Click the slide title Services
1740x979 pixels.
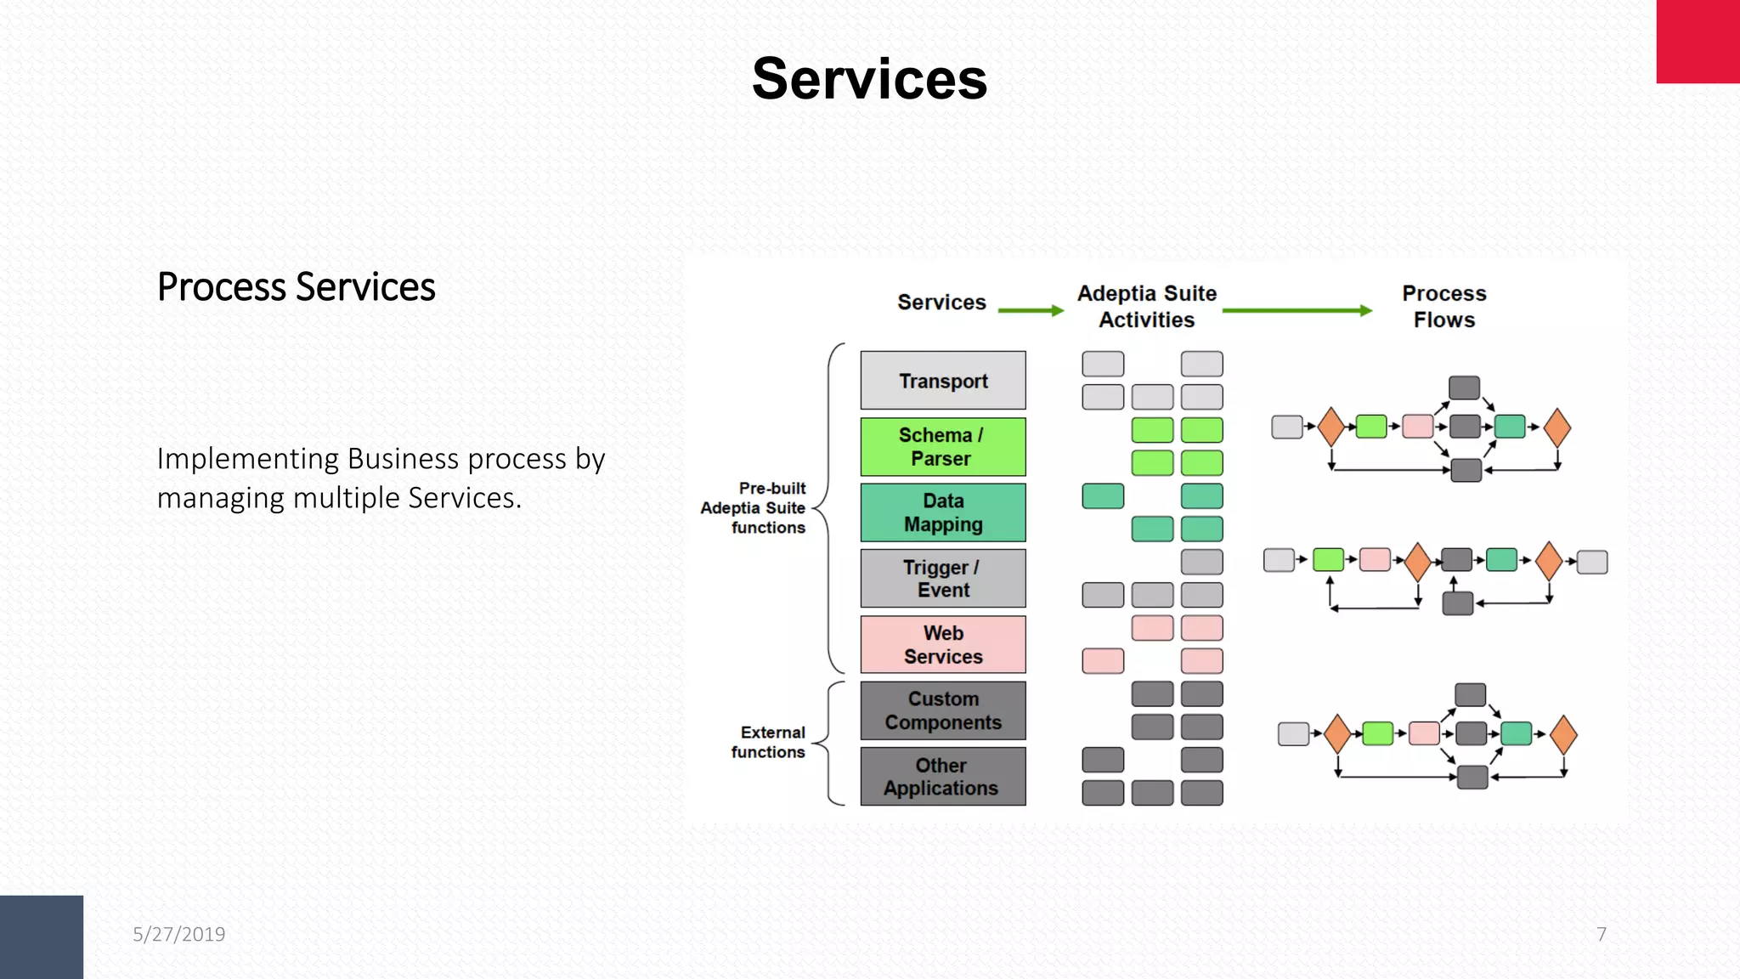click(869, 79)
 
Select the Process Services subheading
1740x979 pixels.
click(296, 287)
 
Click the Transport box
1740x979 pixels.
click(942, 381)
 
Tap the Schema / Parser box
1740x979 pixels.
click(942, 447)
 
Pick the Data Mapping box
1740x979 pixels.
click(942, 512)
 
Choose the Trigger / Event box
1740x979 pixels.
click(942, 579)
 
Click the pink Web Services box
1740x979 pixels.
click(942, 645)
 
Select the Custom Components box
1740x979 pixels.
click(942, 710)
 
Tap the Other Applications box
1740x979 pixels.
click(942, 777)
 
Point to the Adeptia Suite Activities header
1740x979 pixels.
click(1147, 307)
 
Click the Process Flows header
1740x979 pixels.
click(1443, 307)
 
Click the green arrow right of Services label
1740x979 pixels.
click(1030, 311)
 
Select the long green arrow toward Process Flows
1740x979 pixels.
click(1297, 311)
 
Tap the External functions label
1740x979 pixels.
click(769, 742)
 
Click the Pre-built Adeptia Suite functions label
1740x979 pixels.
click(755, 508)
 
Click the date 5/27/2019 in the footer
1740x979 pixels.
click(179, 935)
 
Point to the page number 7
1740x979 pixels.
click(1602, 935)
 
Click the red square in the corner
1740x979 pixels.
click(1698, 41)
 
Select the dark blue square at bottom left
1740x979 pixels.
click(41, 937)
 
